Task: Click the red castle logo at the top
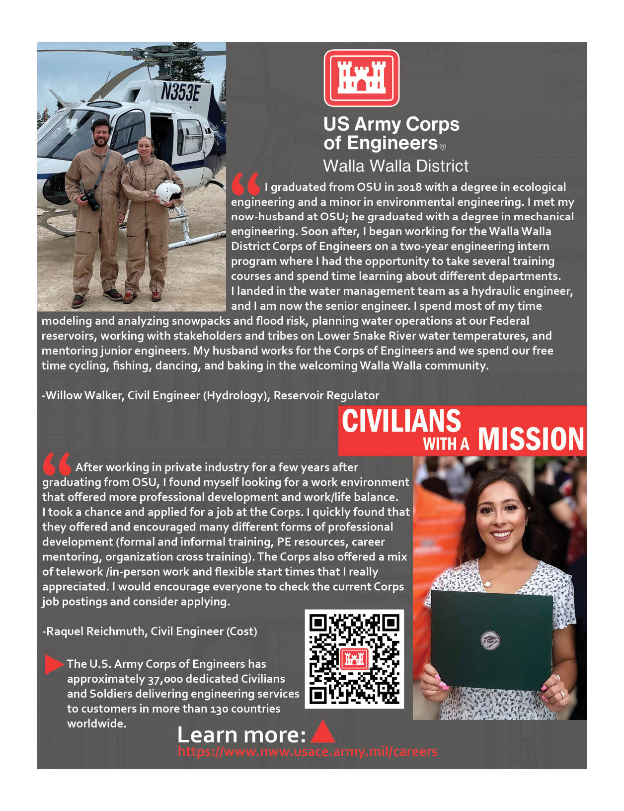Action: pyautogui.click(x=361, y=78)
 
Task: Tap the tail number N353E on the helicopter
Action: pyautogui.click(x=180, y=92)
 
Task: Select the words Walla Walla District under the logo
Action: pyautogui.click(x=395, y=166)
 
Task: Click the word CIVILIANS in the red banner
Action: pyautogui.click(x=401, y=421)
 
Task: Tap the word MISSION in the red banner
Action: pyautogui.click(x=531, y=439)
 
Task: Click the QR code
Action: pyautogui.click(x=354, y=658)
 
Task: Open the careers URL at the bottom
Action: pyautogui.click(x=308, y=751)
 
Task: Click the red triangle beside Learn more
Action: pyautogui.click(x=322, y=732)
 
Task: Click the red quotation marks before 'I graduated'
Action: pyautogui.click(x=245, y=184)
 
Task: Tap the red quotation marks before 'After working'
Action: pyautogui.click(x=56, y=464)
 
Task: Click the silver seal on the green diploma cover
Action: pyautogui.click(x=490, y=641)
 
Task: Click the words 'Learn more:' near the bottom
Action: pyautogui.click(x=241, y=735)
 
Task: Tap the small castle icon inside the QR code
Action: pyautogui.click(x=354, y=658)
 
